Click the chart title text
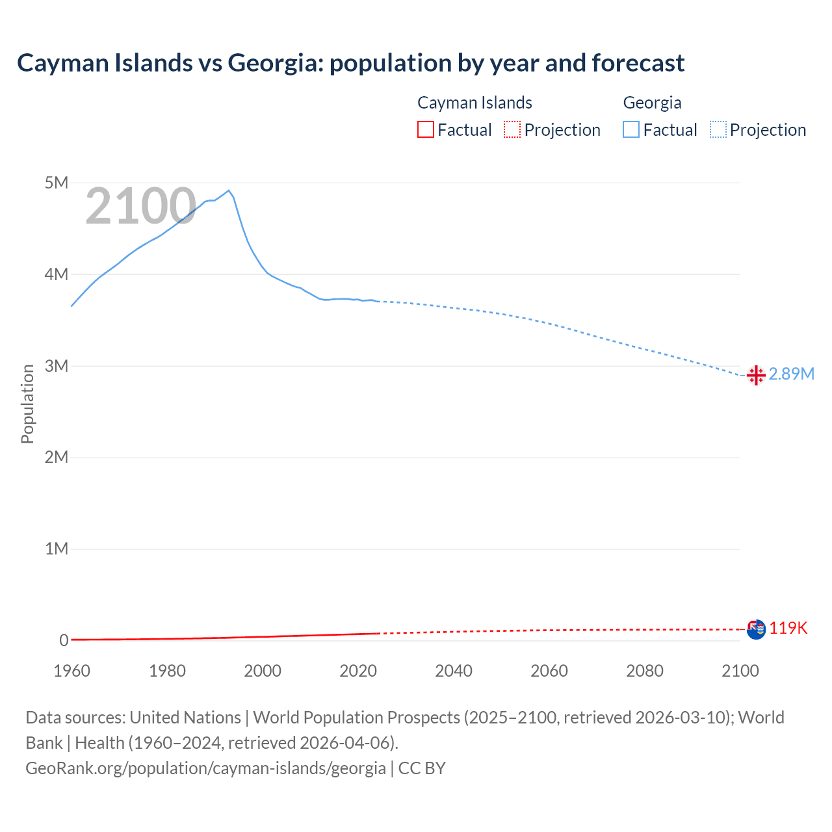[x=350, y=63]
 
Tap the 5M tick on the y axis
[x=57, y=183]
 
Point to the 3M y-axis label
[x=57, y=366]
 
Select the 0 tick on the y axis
[x=64, y=640]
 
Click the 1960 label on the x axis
[x=71, y=671]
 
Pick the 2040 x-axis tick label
[x=454, y=671]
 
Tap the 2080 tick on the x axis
[x=645, y=671]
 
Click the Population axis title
[x=27, y=404]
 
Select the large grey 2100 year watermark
[x=140, y=206]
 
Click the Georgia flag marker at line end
[x=756, y=375]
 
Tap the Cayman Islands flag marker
[x=756, y=629]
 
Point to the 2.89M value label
[x=791, y=374]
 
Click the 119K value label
[x=788, y=628]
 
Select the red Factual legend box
[x=426, y=130]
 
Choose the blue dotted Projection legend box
[x=718, y=130]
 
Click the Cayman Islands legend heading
[x=474, y=103]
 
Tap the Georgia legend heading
[x=652, y=103]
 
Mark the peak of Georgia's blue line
[x=228, y=190]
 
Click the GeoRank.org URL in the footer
[x=205, y=768]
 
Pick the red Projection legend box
[x=512, y=130]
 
